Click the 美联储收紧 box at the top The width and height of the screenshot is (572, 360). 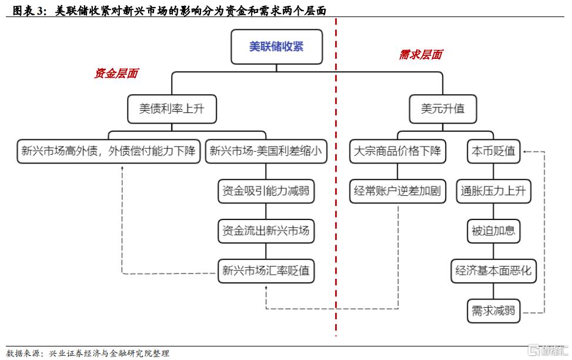[x=276, y=47]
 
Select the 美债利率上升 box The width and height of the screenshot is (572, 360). [x=171, y=109]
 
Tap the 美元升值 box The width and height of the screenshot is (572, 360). [x=443, y=109]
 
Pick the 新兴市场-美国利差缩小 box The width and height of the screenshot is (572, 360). [x=265, y=151]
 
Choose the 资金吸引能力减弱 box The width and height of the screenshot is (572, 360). [x=265, y=191]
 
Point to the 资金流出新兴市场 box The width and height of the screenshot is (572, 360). [x=265, y=231]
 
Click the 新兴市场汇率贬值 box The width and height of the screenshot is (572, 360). [x=265, y=271]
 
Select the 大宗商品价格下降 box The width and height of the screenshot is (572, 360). [x=397, y=151]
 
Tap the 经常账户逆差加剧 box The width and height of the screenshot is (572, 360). [x=397, y=191]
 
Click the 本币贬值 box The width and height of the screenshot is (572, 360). [x=493, y=151]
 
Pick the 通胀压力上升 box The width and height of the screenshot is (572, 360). [x=493, y=191]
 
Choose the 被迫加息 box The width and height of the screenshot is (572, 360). [x=493, y=231]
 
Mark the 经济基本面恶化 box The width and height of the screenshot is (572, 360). [x=493, y=271]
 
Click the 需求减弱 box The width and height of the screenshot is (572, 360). [x=493, y=311]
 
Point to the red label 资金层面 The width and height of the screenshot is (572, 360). [x=116, y=74]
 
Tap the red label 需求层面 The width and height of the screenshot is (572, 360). [x=420, y=55]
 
